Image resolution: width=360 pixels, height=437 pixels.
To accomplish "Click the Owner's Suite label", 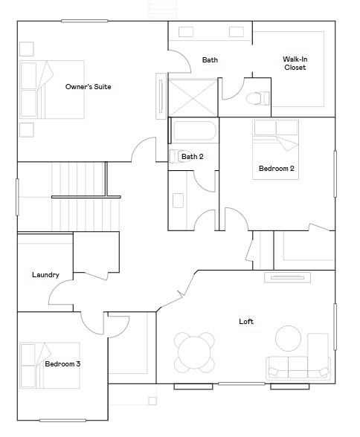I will pyautogui.click(x=88, y=87).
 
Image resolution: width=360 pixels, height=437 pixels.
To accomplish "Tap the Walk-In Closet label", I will pyautogui.click(x=295, y=63).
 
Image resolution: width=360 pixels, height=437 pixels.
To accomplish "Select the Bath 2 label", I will pyautogui.click(x=192, y=156).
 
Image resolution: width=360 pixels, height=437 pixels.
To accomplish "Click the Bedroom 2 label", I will pyautogui.click(x=276, y=169).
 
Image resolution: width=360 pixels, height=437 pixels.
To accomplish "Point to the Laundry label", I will pyautogui.click(x=45, y=274).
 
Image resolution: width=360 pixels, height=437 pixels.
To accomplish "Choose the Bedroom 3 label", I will pyautogui.click(x=62, y=364).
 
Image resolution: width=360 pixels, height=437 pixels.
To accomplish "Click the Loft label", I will pyautogui.click(x=245, y=321).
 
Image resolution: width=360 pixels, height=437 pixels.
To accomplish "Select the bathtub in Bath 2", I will pyautogui.click(x=193, y=133).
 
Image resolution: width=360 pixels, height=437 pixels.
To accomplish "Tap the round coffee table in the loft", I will pyautogui.click(x=288, y=339).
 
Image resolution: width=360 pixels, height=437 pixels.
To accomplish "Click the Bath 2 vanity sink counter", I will pyautogui.click(x=178, y=201).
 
